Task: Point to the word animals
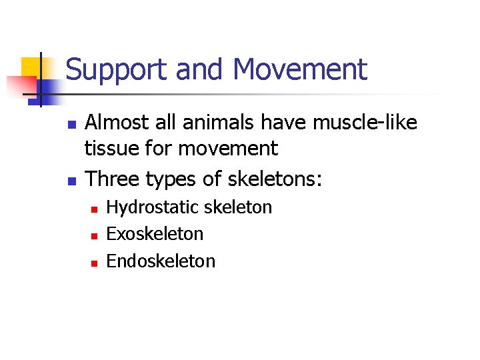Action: pyautogui.click(x=217, y=123)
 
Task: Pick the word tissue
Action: pyautogui.click(x=107, y=149)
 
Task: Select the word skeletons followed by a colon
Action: pyautogui.click(x=273, y=179)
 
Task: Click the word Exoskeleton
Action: pyautogui.click(x=155, y=234)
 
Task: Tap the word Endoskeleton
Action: pyautogui.click(x=161, y=261)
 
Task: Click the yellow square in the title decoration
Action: pyautogui.click(x=31, y=67)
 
